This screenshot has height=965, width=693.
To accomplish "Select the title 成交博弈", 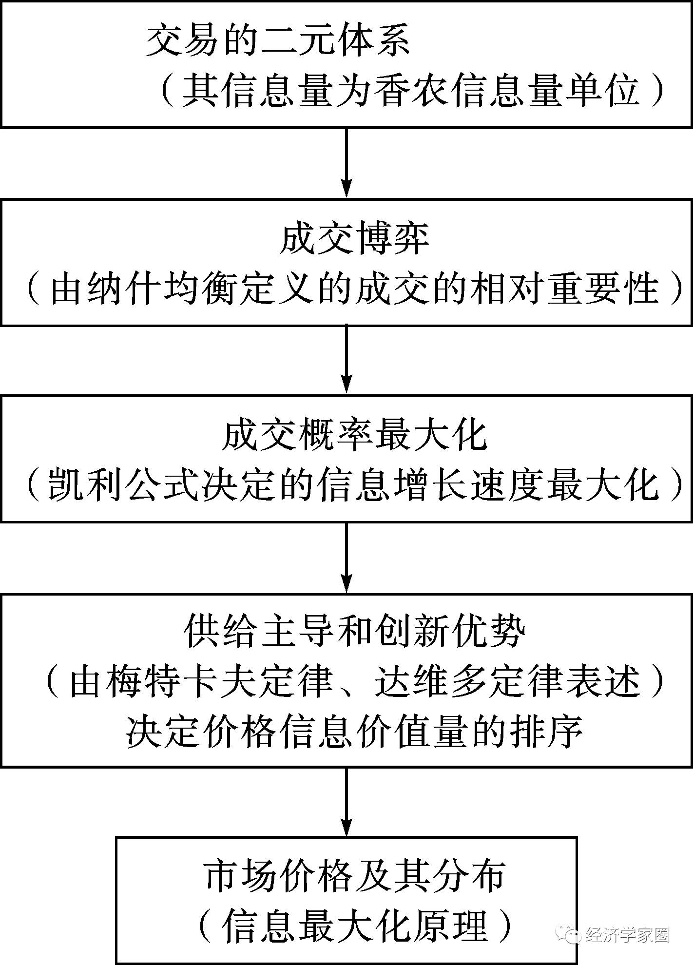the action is click(354, 239).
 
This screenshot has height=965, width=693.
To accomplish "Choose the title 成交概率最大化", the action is click(354, 435).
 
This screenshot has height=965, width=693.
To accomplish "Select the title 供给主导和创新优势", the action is click(354, 632).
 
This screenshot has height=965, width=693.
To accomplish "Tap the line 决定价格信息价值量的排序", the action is click(354, 731).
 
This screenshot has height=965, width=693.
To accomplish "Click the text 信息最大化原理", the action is click(354, 925).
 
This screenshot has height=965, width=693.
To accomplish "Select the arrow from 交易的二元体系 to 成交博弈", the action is click(346, 163).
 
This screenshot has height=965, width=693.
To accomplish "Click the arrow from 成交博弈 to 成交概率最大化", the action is click(346, 360).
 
